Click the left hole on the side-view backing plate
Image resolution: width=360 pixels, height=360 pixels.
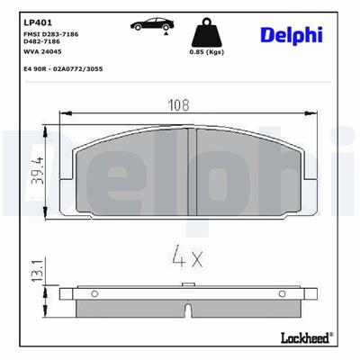click(x=94, y=292)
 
